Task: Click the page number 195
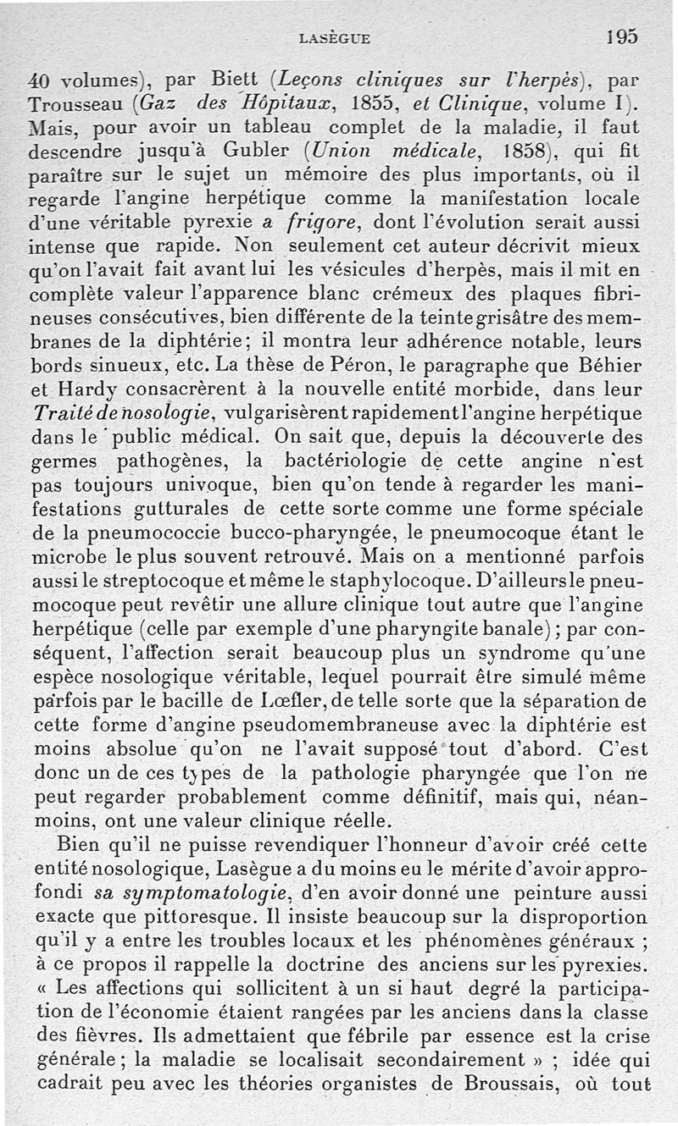(x=621, y=36)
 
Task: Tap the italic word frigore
(x=321, y=224)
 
